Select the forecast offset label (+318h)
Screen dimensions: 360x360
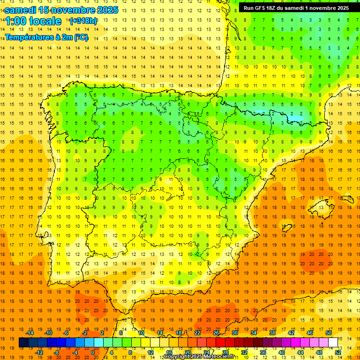[83, 21]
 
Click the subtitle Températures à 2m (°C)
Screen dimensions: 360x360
[46, 37]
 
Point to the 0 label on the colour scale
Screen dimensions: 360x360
[93, 352]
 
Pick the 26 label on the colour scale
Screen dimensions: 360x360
[216, 333]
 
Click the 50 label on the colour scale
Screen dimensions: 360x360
[329, 333]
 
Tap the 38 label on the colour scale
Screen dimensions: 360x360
[272, 333]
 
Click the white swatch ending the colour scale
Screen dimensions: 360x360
[333, 343]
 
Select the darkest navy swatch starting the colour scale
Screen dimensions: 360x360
[23, 343]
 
